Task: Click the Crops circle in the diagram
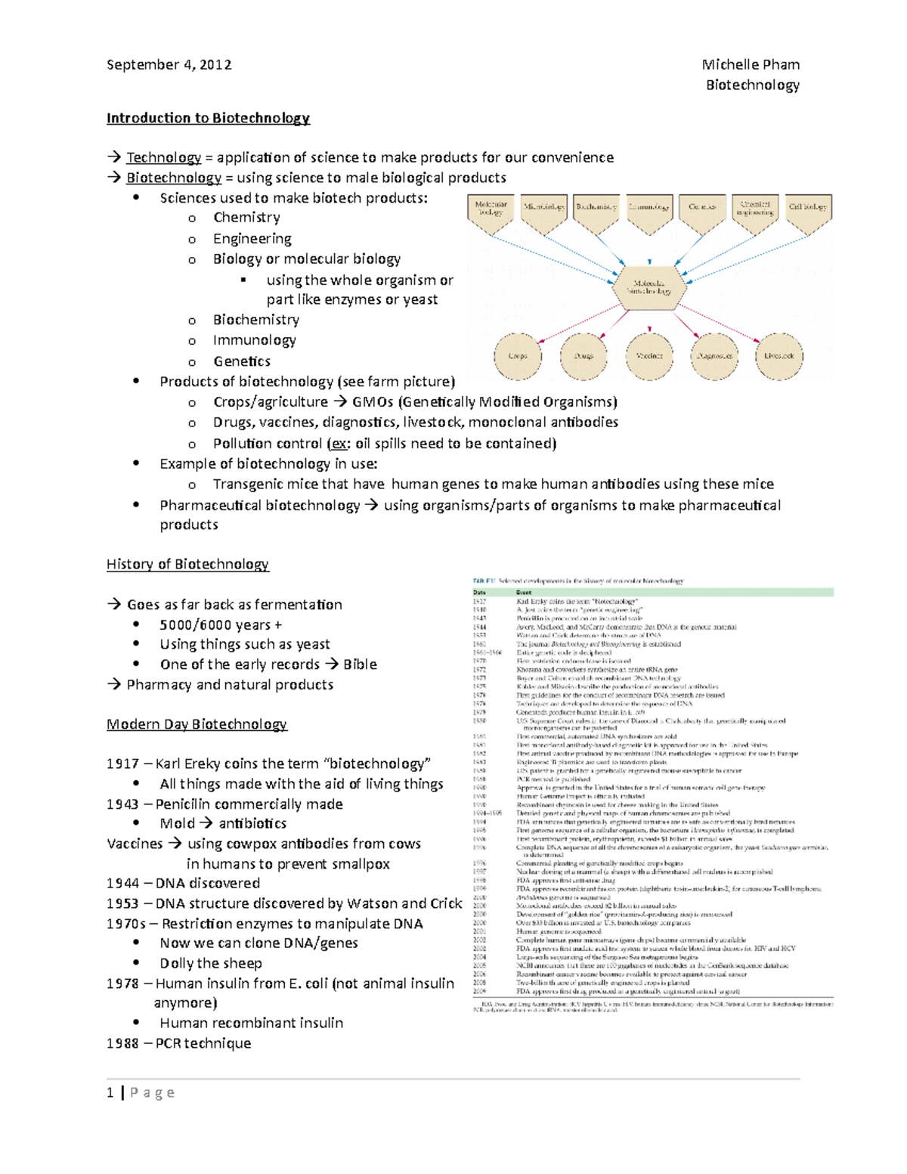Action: coord(518,355)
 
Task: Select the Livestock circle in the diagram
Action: coord(779,355)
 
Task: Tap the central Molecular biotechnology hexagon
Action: coord(649,287)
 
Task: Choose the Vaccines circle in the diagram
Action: coord(649,355)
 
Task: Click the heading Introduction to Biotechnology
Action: coord(208,118)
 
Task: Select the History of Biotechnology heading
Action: coord(187,564)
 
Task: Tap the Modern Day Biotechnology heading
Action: coord(197,724)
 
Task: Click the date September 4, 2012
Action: coord(169,65)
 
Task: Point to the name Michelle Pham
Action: coord(751,65)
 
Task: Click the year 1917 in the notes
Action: coord(122,764)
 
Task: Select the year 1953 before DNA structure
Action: coord(122,903)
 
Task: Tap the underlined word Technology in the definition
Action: coord(163,157)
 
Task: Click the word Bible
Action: coord(360,664)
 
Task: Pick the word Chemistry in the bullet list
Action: coord(246,218)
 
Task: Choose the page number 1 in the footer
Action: coord(110,1092)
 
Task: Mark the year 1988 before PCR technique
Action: coord(122,1043)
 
